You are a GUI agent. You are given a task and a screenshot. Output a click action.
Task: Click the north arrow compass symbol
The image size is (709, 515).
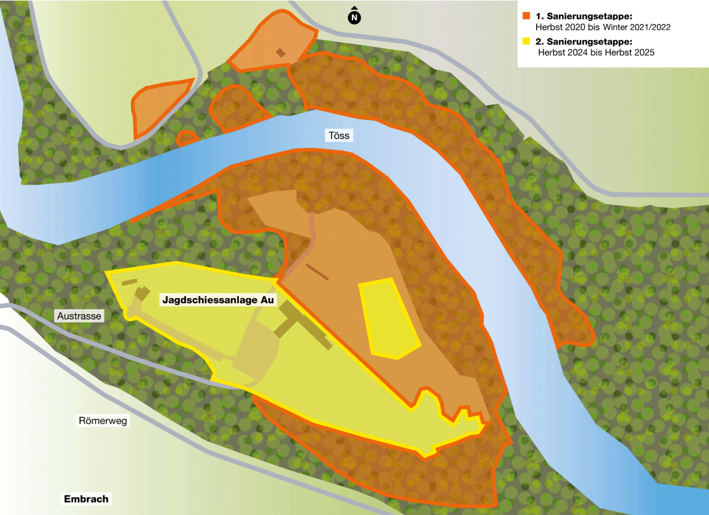click(x=354, y=17)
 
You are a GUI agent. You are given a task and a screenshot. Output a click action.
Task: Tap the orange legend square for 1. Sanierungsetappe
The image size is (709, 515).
click(x=526, y=15)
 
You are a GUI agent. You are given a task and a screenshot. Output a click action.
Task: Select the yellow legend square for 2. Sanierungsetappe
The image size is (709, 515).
click(x=526, y=41)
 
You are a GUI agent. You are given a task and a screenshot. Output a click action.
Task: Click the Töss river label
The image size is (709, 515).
click(x=337, y=136)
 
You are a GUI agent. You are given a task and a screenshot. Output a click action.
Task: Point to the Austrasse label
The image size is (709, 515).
click(x=79, y=316)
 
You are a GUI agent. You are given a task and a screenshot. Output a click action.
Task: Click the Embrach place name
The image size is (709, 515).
click(x=86, y=499)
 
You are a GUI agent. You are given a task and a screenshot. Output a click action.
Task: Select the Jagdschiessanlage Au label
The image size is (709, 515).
click(x=218, y=300)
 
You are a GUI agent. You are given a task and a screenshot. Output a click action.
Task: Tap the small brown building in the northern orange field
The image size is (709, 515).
click(x=281, y=52)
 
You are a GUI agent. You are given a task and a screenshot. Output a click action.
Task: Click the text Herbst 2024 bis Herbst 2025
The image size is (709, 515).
click(x=596, y=53)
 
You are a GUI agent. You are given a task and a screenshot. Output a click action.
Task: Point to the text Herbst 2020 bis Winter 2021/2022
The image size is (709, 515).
click(x=603, y=27)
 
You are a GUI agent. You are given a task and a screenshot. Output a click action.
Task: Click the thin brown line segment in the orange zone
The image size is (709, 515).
click(x=317, y=272)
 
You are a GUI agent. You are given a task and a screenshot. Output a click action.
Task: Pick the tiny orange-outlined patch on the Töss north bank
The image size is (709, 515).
click(x=186, y=138)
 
